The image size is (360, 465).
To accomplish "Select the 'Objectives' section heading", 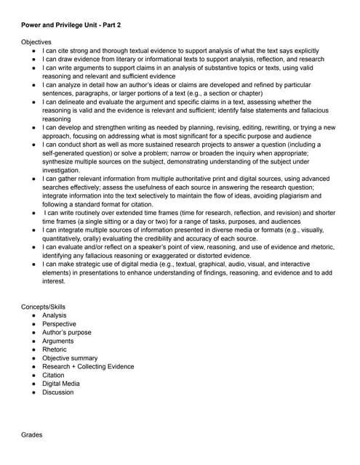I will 37,43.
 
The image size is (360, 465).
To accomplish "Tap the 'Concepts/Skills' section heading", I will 44,307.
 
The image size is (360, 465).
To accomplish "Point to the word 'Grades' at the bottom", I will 32,434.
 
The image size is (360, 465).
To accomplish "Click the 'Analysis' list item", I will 55,315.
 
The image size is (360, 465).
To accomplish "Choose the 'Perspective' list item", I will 60,324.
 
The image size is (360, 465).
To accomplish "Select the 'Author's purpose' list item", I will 67,332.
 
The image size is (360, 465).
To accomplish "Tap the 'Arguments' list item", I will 58,341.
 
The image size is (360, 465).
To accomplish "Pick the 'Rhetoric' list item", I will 55,349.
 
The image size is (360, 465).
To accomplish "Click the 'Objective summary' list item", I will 70,358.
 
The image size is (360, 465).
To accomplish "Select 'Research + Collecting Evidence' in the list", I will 88,366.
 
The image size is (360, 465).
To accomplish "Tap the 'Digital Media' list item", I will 61,384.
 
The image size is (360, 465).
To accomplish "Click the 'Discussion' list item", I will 58,392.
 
